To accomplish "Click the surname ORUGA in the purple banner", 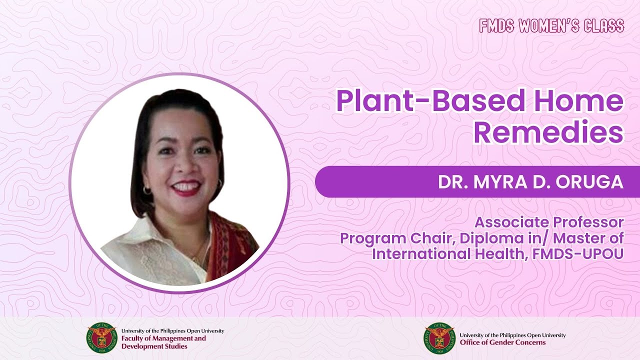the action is [x=589, y=181].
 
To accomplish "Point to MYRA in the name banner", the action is [x=500, y=181].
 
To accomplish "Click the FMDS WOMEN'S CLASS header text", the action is [x=551, y=25].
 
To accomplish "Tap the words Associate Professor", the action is [x=549, y=223].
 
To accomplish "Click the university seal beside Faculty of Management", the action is [x=102, y=338].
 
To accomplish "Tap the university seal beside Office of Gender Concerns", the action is [x=439, y=338].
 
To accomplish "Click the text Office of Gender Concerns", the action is [x=502, y=342].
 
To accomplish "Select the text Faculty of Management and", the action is [x=163, y=338].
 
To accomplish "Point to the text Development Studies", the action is [x=154, y=346].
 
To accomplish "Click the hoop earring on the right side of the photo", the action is [x=219, y=183].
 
